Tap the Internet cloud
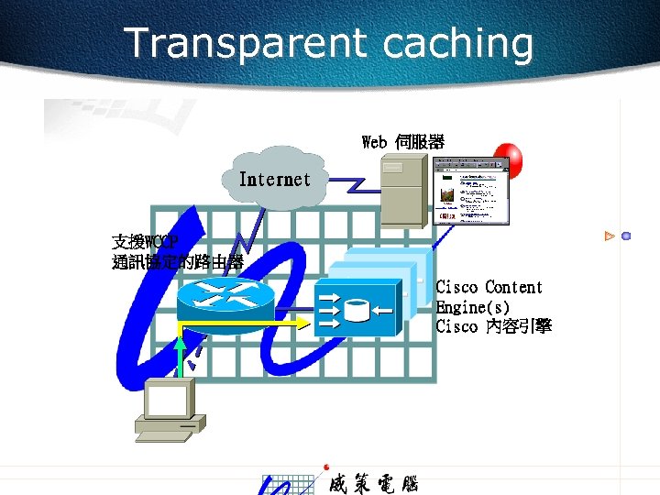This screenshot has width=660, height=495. [x=274, y=180]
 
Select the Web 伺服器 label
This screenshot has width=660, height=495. [x=403, y=142]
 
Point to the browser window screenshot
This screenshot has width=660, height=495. [x=472, y=191]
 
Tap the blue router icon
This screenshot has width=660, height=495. [x=224, y=298]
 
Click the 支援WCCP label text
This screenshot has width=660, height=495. [x=144, y=243]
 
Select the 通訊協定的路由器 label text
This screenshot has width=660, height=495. [x=177, y=262]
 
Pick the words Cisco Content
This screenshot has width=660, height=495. [x=489, y=288]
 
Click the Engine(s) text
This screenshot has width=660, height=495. [x=473, y=307]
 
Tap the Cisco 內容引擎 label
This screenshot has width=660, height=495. [x=493, y=326]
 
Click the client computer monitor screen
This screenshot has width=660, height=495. [x=167, y=399]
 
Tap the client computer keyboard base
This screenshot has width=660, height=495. [x=170, y=426]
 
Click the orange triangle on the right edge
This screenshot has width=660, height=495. [x=609, y=236]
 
